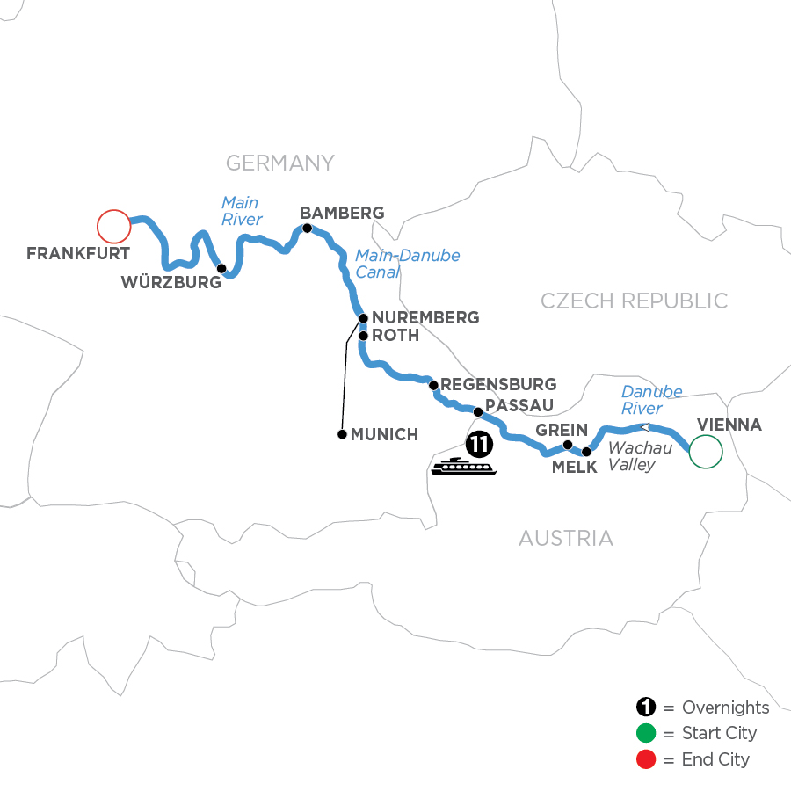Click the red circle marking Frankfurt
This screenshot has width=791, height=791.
coord(113,226)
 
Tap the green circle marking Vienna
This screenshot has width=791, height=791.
coord(706,452)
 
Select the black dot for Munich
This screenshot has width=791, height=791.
coord(341,434)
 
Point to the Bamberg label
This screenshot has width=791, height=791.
coord(342,213)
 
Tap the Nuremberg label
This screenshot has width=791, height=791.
coord(425,317)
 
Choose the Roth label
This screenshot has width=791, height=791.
coord(395,335)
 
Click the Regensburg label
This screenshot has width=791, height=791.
coord(498,384)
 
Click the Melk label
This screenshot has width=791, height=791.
coord(574,468)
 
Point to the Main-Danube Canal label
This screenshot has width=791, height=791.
coord(407,264)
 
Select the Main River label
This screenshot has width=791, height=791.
coord(241,211)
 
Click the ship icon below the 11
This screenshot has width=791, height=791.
coord(463,467)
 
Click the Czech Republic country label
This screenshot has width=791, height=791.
coord(634,301)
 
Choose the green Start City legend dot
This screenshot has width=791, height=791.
coord(646,733)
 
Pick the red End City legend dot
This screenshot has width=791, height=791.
coord(646,758)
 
